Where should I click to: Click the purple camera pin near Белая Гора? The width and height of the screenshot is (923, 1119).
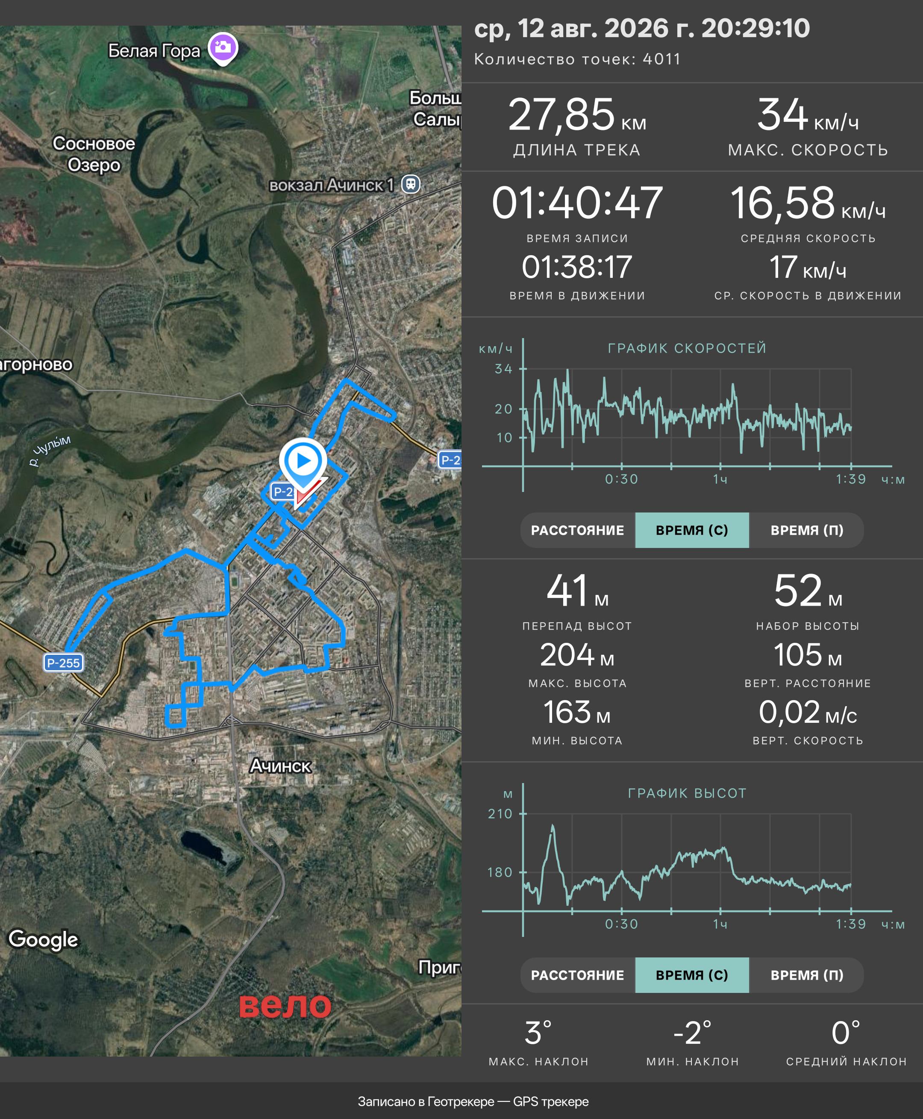click(223, 48)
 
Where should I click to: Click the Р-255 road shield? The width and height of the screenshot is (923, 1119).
click(63, 663)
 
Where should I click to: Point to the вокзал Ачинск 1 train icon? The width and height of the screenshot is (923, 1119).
click(411, 185)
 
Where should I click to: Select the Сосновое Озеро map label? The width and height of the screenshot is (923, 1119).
click(94, 154)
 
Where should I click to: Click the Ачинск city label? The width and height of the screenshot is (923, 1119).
click(280, 766)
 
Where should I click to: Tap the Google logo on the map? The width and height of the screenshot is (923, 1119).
click(44, 940)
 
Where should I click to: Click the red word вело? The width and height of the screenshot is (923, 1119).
click(285, 1006)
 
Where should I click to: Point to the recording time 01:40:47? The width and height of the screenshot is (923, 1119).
click(577, 203)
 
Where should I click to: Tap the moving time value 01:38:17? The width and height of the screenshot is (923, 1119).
click(577, 267)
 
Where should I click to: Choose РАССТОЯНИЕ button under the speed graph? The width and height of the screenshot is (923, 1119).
click(577, 530)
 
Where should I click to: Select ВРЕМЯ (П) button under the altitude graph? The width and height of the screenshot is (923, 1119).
click(807, 975)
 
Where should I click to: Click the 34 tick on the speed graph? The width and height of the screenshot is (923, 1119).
click(503, 368)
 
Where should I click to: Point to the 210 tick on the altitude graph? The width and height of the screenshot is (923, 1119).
click(500, 813)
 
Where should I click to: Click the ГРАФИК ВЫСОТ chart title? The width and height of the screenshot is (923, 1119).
click(687, 793)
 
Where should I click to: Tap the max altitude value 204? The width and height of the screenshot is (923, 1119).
click(567, 655)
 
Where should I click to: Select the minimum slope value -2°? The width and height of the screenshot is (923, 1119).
click(692, 1033)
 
